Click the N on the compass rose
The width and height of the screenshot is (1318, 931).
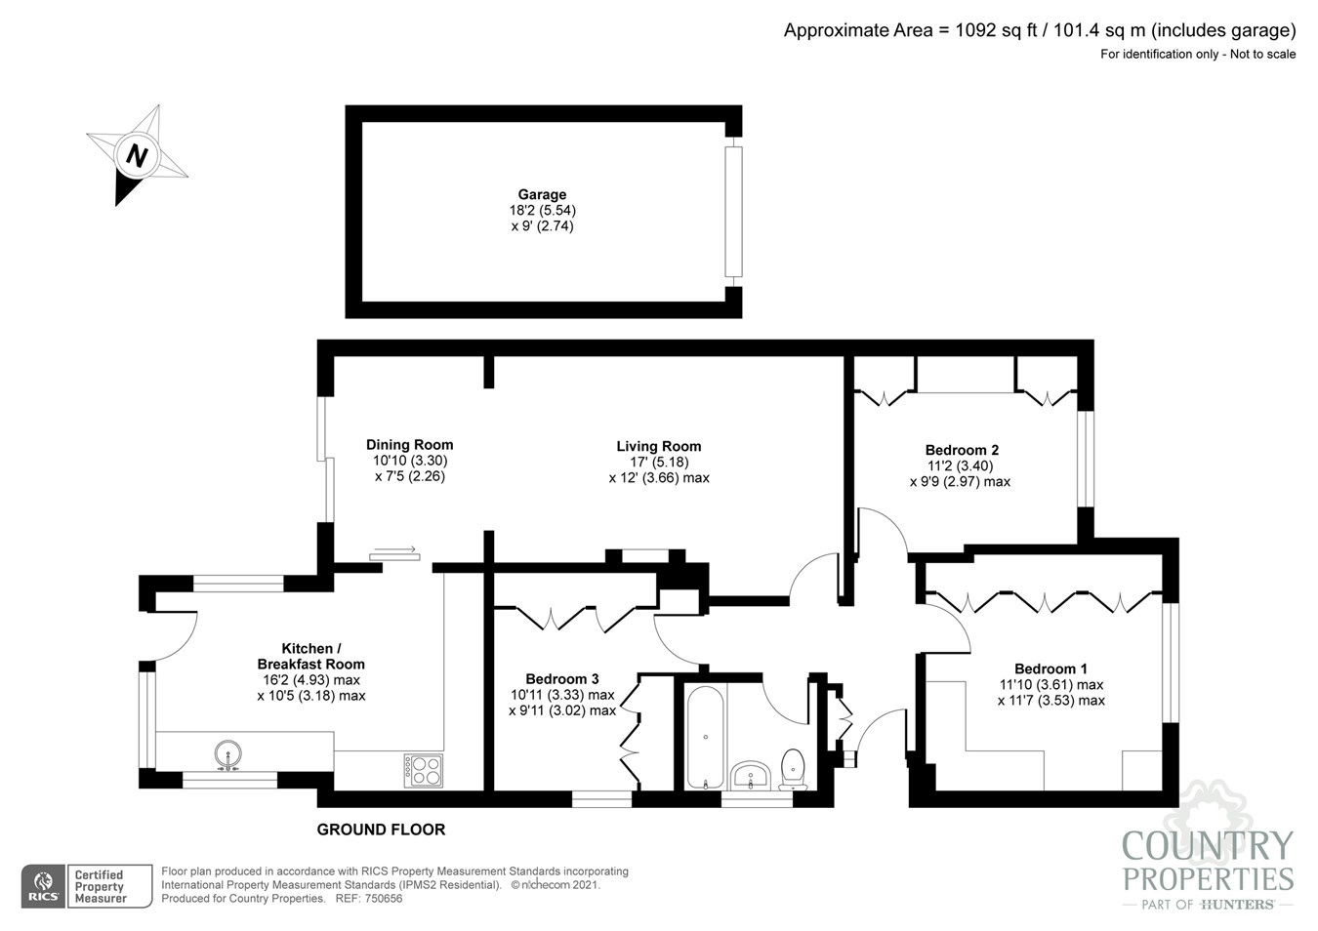[x=137, y=156]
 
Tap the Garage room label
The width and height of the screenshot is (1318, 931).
[x=542, y=194]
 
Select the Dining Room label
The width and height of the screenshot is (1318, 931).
[x=409, y=445]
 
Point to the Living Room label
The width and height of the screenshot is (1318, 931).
[x=658, y=446]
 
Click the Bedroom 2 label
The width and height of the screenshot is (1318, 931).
[x=962, y=450]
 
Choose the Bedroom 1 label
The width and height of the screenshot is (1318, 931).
[x=1050, y=668]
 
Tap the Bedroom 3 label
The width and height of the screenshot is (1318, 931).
[x=562, y=679]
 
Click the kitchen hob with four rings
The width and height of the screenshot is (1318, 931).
[x=424, y=770]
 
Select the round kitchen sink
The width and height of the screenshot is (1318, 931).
[x=227, y=754]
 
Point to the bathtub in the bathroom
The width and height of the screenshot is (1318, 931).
[x=705, y=738]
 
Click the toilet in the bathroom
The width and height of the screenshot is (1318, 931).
[x=793, y=770]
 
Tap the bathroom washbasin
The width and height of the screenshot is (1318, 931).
[x=751, y=776]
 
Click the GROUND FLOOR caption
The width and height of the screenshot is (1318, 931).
[x=381, y=830]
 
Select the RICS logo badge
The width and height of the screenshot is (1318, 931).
[x=44, y=886]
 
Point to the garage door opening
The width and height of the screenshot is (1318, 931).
[x=733, y=212]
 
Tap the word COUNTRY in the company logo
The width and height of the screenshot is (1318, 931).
[x=1207, y=846]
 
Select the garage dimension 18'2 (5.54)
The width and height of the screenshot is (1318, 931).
[x=542, y=211]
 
